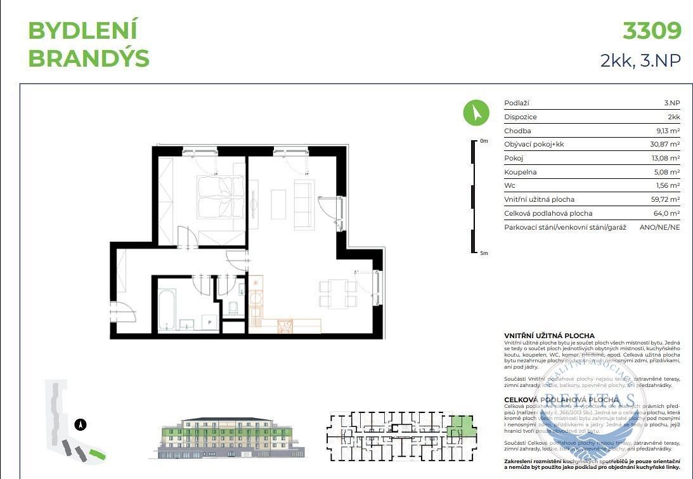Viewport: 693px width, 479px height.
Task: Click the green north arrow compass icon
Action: (476, 113)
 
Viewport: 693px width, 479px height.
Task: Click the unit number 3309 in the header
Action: (652, 30)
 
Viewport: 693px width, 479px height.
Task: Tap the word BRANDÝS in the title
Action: (89, 58)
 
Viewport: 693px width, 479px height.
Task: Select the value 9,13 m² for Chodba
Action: (668, 131)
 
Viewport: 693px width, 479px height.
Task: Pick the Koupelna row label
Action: (521, 172)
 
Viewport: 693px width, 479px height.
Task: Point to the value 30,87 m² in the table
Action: (666, 145)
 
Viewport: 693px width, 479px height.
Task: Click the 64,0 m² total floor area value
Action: (667, 213)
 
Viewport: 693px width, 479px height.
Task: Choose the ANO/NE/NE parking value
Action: (659, 227)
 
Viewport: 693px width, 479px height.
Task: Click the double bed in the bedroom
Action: (219, 198)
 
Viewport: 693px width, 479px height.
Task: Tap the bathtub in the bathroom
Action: (167, 310)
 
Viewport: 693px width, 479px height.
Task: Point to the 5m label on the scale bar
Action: (484, 253)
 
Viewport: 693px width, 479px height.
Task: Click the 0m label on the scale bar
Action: (484, 141)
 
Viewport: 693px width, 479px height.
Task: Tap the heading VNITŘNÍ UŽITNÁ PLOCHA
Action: (549, 336)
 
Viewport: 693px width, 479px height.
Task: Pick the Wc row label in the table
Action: (509, 186)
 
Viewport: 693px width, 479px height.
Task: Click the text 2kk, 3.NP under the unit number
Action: (640, 60)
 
